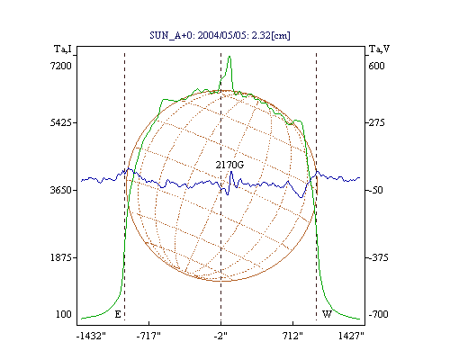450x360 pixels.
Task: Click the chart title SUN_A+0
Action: (x=169, y=36)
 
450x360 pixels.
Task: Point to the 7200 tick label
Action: (x=61, y=66)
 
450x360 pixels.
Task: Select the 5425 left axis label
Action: (x=61, y=122)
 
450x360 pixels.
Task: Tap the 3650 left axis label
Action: (x=61, y=190)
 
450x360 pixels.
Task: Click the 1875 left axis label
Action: (x=61, y=257)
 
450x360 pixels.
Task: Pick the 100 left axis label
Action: (x=64, y=314)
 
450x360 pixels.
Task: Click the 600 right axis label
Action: (x=376, y=66)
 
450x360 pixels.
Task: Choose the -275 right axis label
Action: (x=376, y=122)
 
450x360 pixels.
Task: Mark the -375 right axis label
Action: (x=378, y=257)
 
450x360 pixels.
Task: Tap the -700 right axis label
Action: (x=378, y=314)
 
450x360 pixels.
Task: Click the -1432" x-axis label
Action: (x=91, y=336)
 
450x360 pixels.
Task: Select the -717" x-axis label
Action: (x=148, y=336)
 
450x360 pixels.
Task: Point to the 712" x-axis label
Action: (x=292, y=336)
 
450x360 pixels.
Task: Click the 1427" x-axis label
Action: (x=351, y=336)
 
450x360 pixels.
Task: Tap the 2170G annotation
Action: (x=229, y=165)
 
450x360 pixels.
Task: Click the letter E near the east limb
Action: (x=118, y=314)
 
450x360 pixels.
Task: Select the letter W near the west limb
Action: (x=327, y=314)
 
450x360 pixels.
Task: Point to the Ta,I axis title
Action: (x=63, y=49)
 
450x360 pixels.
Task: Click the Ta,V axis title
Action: (x=379, y=49)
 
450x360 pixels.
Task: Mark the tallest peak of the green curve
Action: (x=229, y=56)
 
